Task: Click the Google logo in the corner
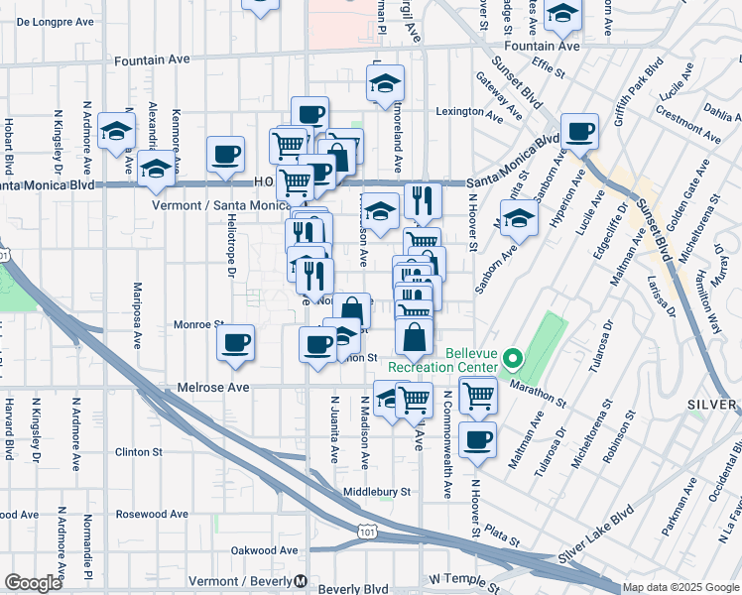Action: pyautogui.click(x=33, y=583)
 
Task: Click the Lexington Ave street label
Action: pyautogui.click(x=466, y=112)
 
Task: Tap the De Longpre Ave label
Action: pyautogui.click(x=56, y=20)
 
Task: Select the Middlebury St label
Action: pyautogui.click(x=376, y=491)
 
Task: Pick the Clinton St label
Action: pyautogui.click(x=139, y=452)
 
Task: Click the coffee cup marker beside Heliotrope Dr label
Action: pyautogui.click(x=226, y=155)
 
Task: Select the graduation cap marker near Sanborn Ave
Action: pyautogui.click(x=518, y=217)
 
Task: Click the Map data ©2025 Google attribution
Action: pyautogui.click(x=680, y=587)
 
